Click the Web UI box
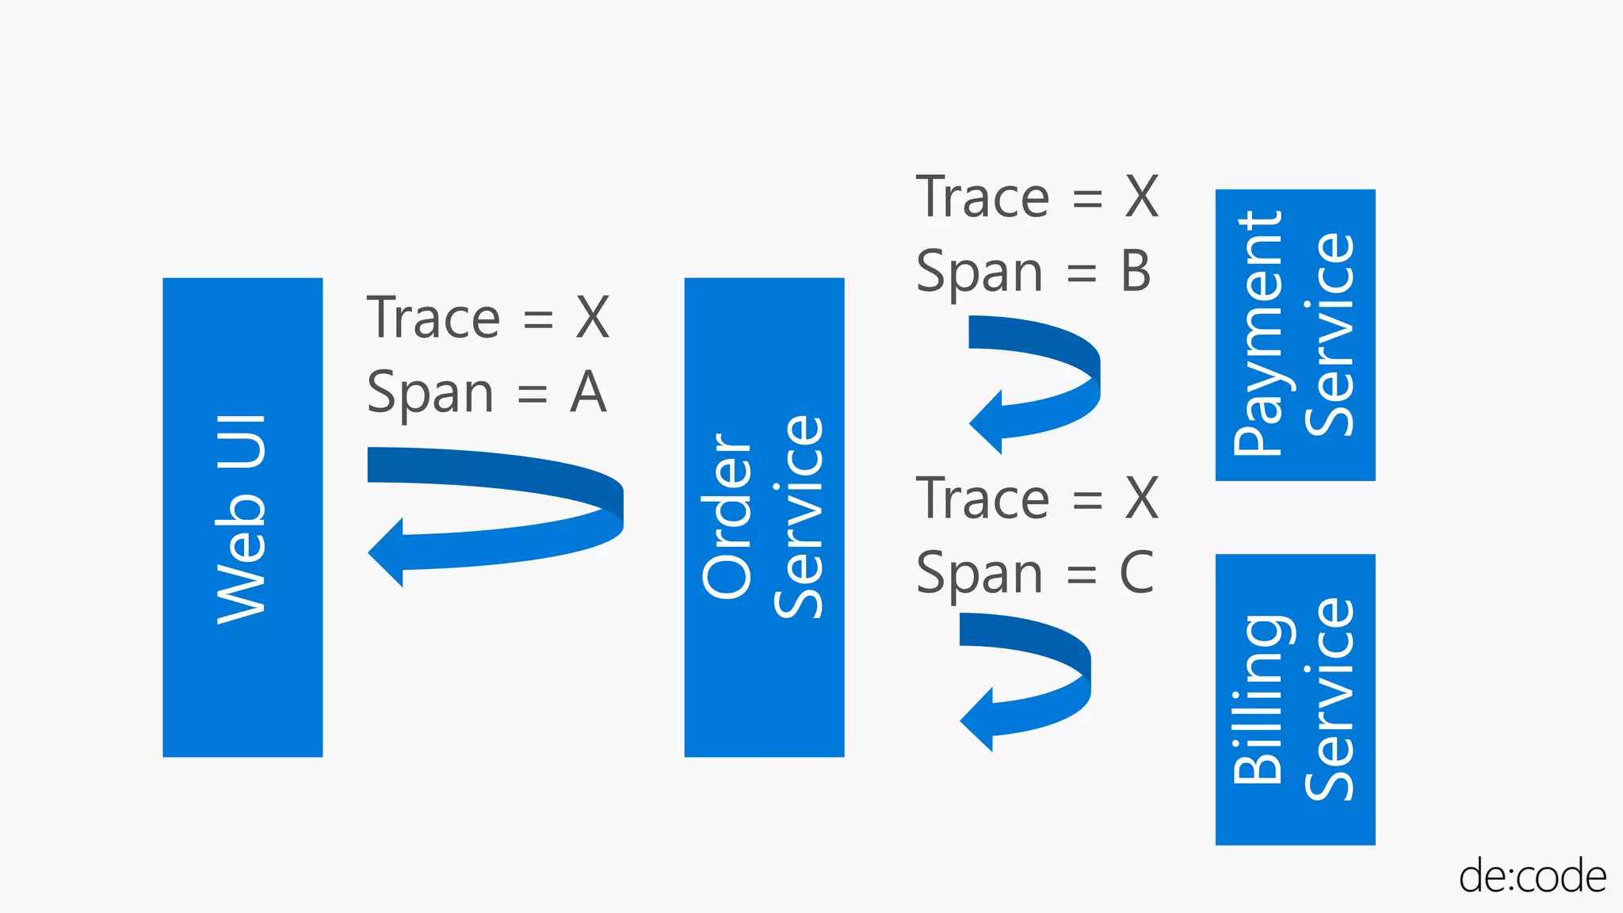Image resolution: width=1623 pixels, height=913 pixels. pyautogui.click(x=242, y=517)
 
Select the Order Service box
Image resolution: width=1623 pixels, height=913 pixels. pyautogui.click(x=764, y=517)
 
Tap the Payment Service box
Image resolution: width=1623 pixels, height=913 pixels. pyautogui.click(x=1295, y=334)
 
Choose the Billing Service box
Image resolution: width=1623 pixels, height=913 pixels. pyautogui.click(x=1295, y=699)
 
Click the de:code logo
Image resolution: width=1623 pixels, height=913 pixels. pyautogui.click(x=1532, y=877)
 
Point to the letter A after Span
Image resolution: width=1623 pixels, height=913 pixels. pyautogui.click(x=588, y=392)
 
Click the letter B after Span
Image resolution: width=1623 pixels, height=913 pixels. pyautogui.click(x=1136, y=272)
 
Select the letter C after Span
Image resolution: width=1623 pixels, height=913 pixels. pyautogui.click(x=1136, y=572)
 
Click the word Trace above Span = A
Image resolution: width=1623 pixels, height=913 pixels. pyautogui.click(x=433, y=318)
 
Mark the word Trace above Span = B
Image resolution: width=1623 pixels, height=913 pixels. pyautogui.click(x=983, y=197)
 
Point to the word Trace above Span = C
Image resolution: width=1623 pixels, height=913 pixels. pyautogui.click(x=983, y=499)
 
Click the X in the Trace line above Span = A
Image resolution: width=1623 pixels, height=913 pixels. pyautogui.click(x=593, y=318)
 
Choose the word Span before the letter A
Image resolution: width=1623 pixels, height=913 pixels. pyautogui.click(x=430, y=394)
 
